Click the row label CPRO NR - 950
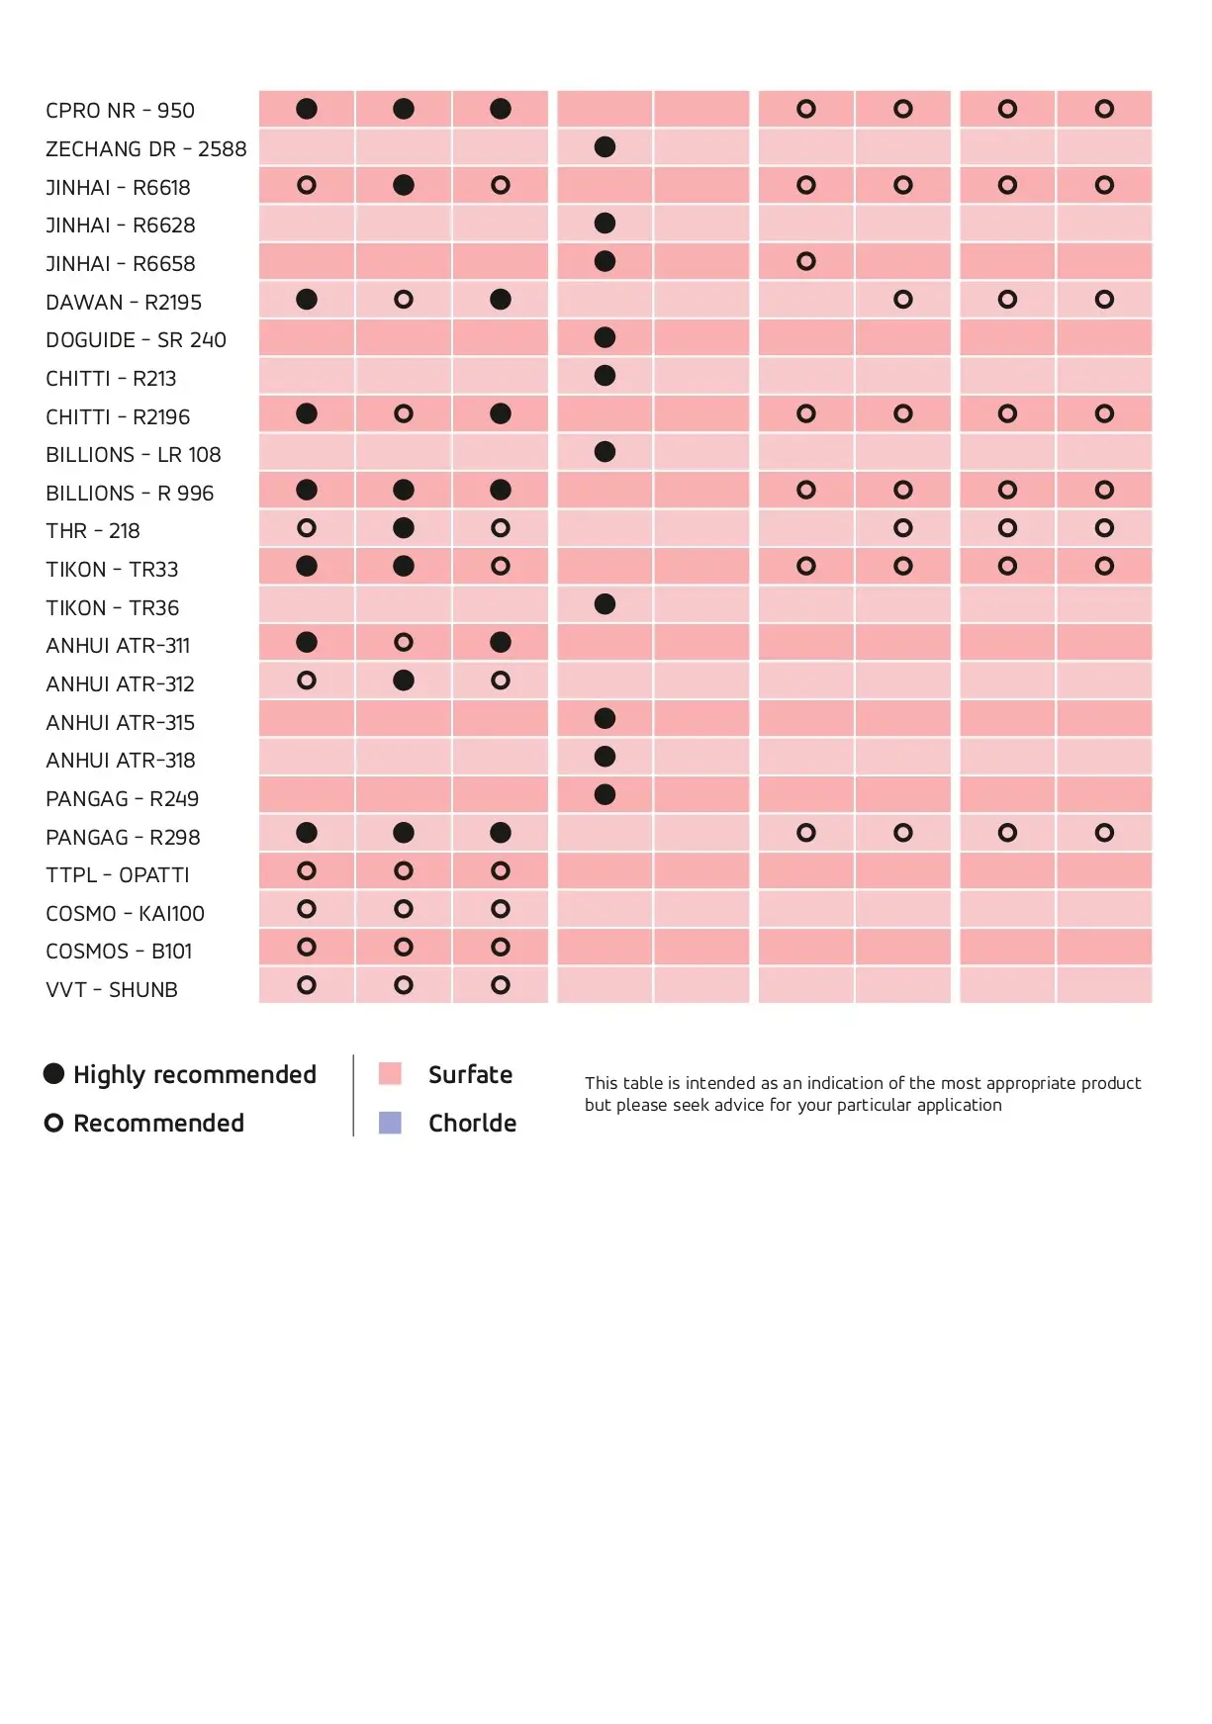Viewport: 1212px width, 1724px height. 120,111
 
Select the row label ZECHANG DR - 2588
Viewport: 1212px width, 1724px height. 145,149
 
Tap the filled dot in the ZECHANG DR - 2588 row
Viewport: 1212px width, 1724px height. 605,147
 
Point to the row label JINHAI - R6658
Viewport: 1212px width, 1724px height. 120,264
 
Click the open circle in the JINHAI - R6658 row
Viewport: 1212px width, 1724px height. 806,262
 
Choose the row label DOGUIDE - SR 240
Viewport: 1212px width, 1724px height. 136,340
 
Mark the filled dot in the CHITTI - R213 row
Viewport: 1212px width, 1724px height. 605,376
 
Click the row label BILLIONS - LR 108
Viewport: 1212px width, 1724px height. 133,455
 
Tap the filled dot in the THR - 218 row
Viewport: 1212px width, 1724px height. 404,528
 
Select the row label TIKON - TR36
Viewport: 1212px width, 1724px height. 112,608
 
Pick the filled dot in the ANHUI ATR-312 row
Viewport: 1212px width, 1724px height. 404,681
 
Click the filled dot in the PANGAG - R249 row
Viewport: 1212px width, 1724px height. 605,795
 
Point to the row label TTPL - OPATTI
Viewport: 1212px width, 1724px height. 117,875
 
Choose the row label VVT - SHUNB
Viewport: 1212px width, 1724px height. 111,990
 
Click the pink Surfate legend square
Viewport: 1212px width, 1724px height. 390,1074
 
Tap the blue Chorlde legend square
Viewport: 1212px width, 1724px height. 390,1123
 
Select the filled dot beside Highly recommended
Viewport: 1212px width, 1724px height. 54,1074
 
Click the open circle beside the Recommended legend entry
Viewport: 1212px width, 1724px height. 54,1123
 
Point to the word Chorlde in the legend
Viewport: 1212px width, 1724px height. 472,1124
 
